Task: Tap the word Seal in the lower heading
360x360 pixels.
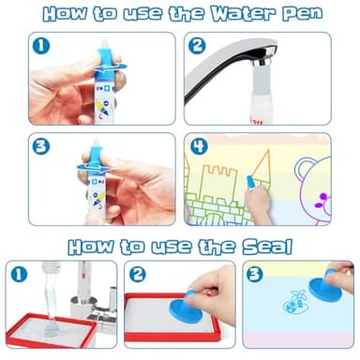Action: tap(267, 247)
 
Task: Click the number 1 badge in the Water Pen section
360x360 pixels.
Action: tap(41, 46)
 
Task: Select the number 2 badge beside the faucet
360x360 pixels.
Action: tap(197, 46)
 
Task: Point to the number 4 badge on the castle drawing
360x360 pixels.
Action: tap(200, 146)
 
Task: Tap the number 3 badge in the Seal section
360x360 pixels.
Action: tap(255, 274)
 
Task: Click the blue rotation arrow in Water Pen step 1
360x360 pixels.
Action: tap(111, 67)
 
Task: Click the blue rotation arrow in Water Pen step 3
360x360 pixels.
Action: tap(94, 168)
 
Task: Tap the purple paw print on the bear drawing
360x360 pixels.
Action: tap(322, 201)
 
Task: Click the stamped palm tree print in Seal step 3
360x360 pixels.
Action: tap(294, 301)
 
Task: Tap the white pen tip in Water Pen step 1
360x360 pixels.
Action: tap(103, 44)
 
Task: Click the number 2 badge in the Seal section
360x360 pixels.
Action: tap(138, 274)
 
